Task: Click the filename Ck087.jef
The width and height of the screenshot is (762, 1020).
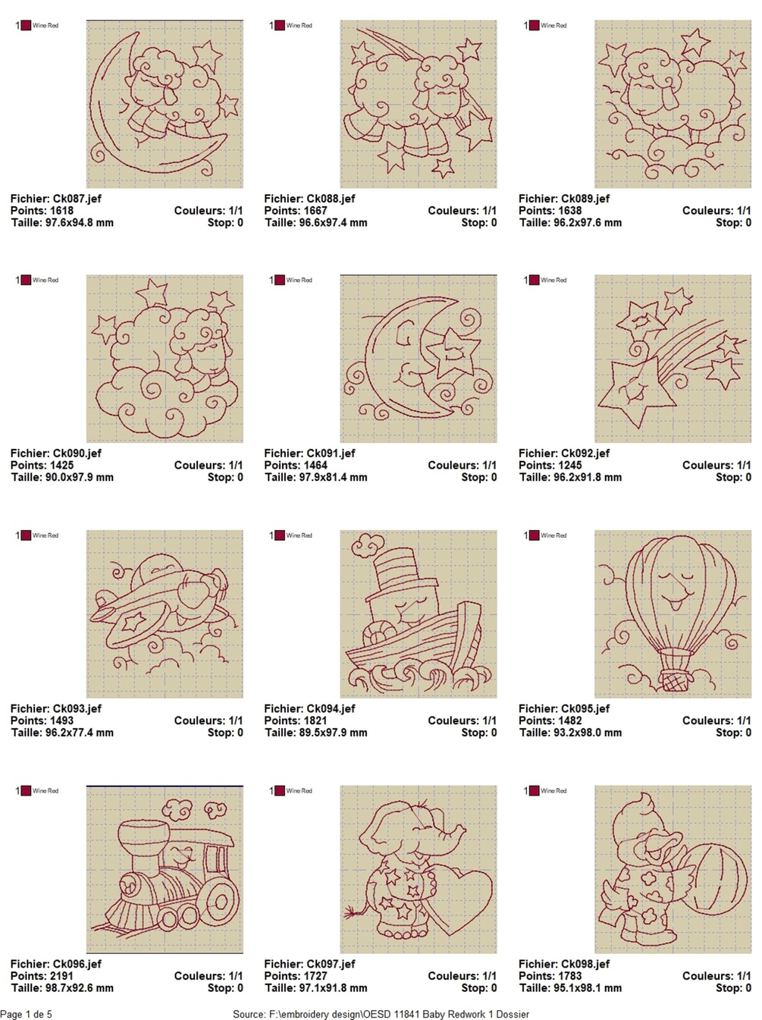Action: (x=77, y=199)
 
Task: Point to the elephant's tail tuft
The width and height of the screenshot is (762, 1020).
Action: (x=353, y=914)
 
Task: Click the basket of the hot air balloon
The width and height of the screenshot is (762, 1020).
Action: (x=673, y=681)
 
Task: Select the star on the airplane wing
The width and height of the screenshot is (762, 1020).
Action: (x=133, y=621)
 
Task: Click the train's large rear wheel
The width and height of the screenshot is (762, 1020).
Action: (x=220, y=901)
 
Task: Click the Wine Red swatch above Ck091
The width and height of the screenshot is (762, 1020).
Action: (x=280, y=280)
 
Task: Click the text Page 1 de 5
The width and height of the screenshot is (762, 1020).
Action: (x=26, y=1014)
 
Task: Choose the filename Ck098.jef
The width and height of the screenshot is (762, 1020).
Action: (x=585, y=964)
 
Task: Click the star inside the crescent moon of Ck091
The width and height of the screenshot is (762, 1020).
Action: (x=453, y=351)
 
